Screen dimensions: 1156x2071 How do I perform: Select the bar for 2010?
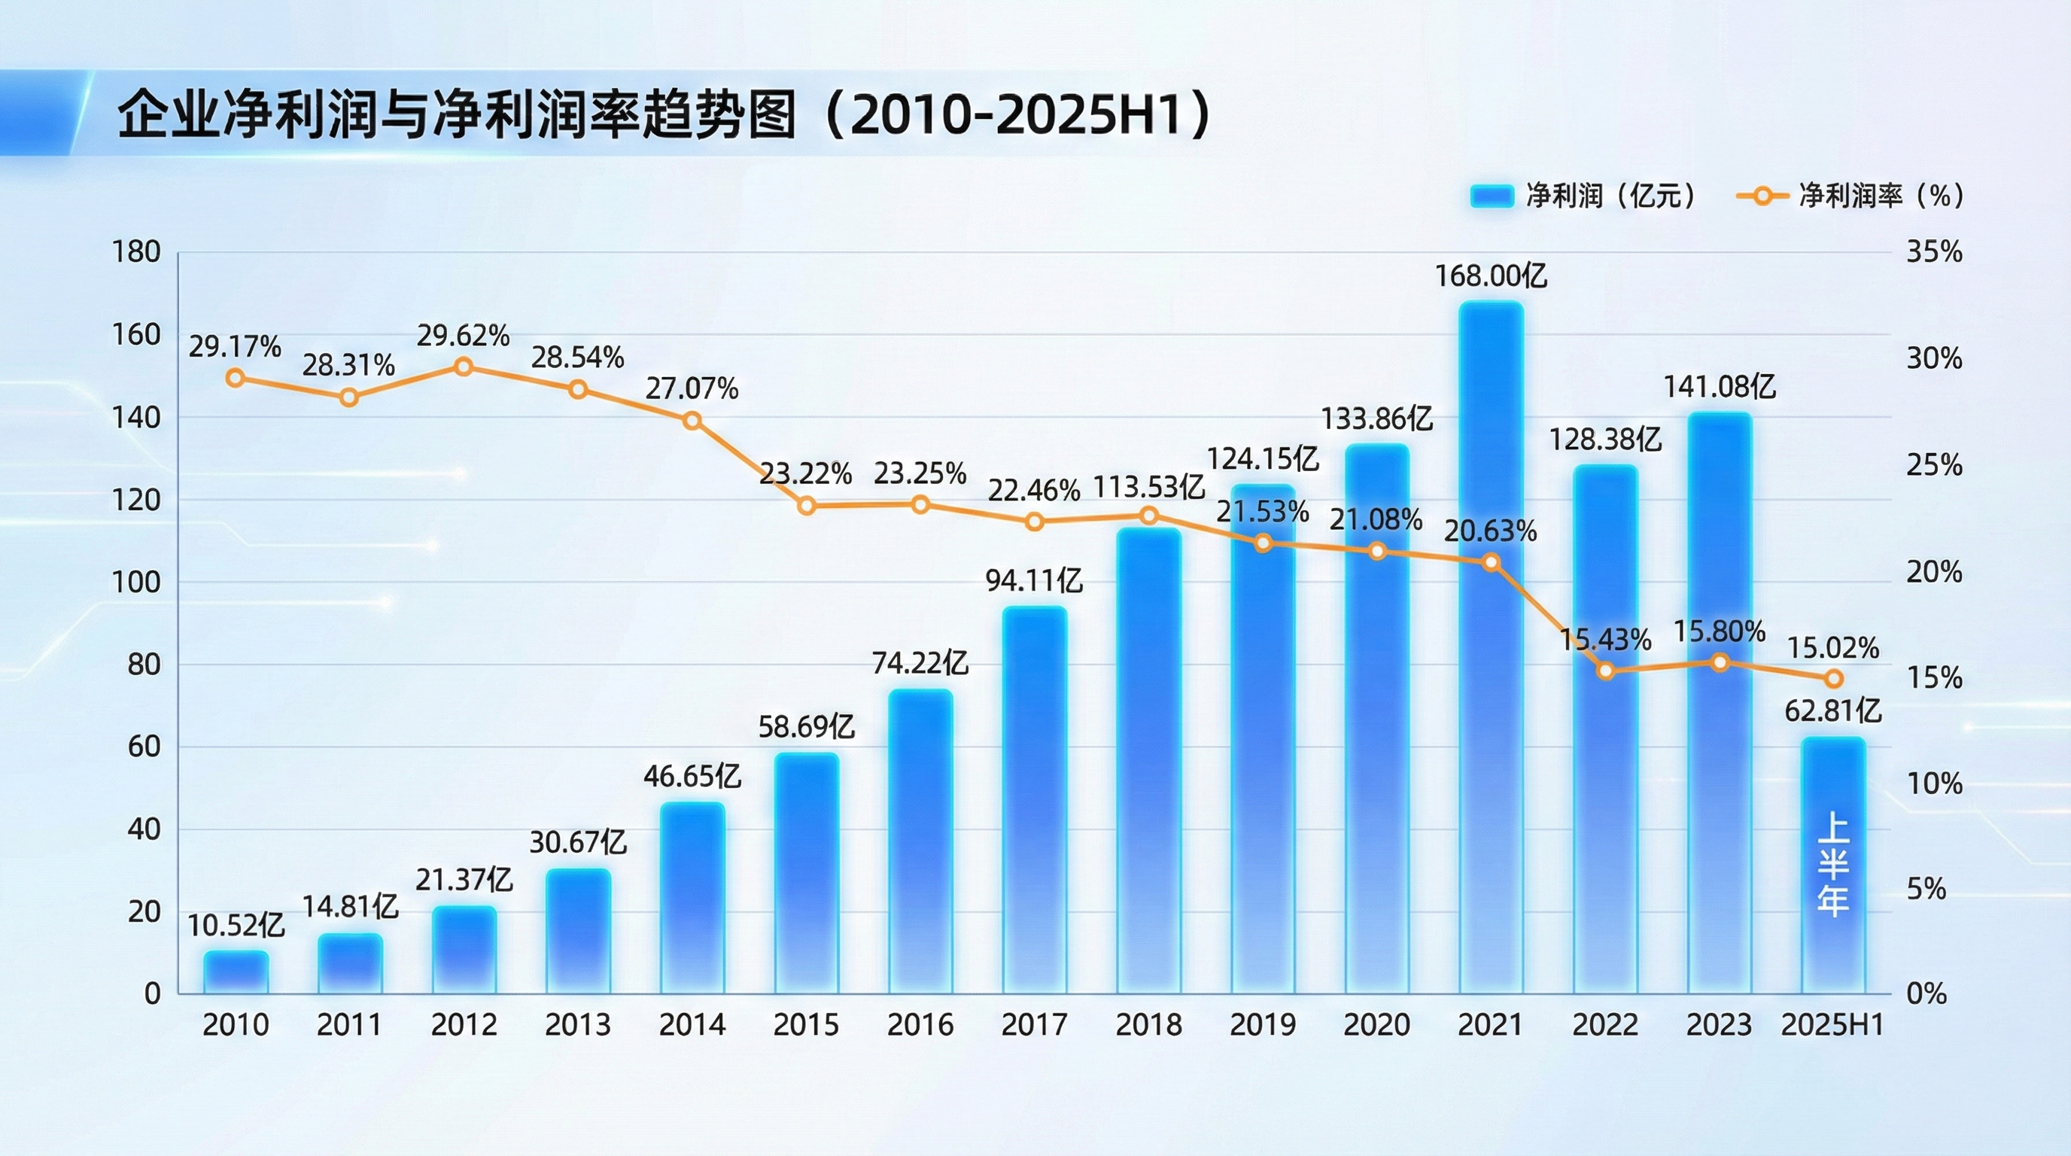pos(236,972)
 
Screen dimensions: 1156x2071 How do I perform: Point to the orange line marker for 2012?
pos(464,367)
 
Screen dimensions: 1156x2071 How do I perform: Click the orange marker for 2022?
pos(1605,671)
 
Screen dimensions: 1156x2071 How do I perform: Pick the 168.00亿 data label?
pos(1492,276)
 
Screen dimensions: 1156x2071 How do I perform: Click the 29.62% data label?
pos(463,336)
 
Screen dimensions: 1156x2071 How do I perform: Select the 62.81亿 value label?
pos(1833,711)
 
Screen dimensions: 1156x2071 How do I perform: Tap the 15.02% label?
pos(1833,648)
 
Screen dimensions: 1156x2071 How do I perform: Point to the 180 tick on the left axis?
pos(136,252)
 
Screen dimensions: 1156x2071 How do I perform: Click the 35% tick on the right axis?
pos(1934,252)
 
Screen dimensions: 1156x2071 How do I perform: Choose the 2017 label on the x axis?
pos(1035,1025)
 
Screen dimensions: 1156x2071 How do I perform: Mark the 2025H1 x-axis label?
pos(1833,1025)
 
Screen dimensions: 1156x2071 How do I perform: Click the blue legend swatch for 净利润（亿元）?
pos(1492,196)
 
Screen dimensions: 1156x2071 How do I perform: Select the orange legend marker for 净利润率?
pos(1762,196)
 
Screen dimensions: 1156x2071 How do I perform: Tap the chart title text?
pos(663,115)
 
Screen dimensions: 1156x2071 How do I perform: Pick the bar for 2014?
pos(692,896)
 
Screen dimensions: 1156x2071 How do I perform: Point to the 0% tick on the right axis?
pos(1927,993)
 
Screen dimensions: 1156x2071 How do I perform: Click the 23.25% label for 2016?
pos(920,473)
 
